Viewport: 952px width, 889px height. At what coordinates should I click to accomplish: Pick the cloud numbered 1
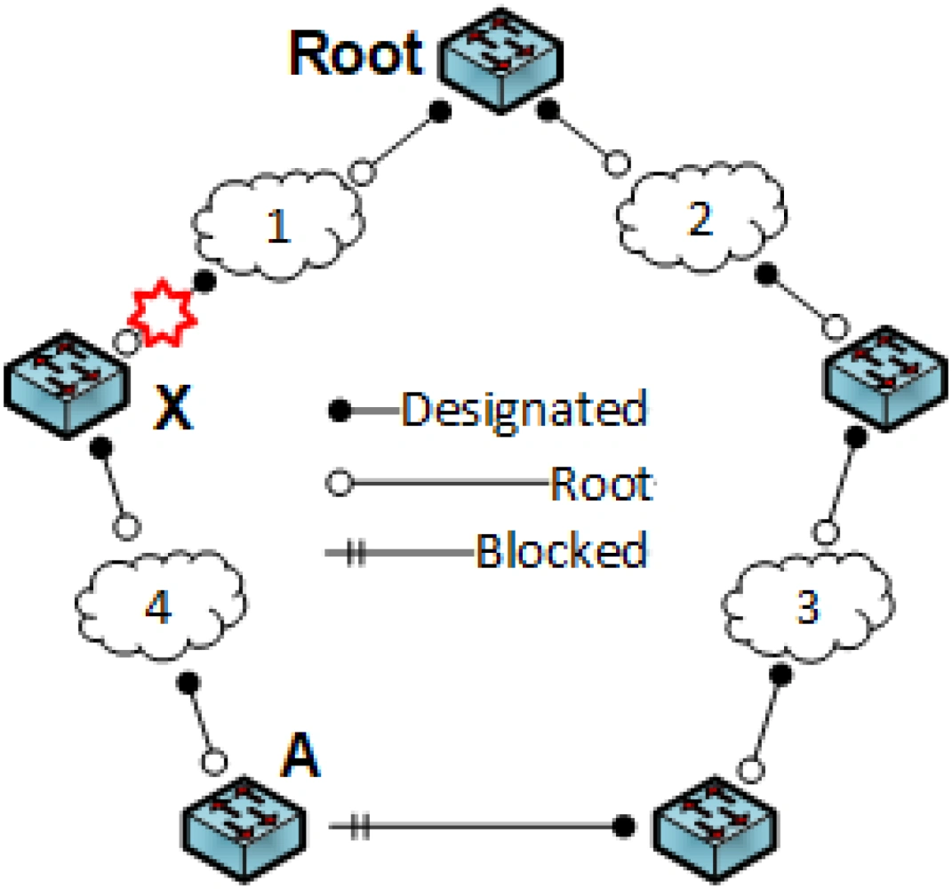point(278,227)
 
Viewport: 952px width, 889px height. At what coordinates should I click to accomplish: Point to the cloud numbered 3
point(804,607)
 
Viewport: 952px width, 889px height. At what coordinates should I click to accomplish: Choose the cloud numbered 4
point(156,607)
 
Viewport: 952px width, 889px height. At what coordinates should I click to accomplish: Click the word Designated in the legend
point(524,410)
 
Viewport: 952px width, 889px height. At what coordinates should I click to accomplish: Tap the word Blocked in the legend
point(561,552)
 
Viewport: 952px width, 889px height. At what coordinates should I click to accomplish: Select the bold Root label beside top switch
point(356,55)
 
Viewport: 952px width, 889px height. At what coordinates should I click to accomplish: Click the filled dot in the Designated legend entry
point(339,411)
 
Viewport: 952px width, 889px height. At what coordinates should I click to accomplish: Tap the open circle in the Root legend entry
point(339,485)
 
